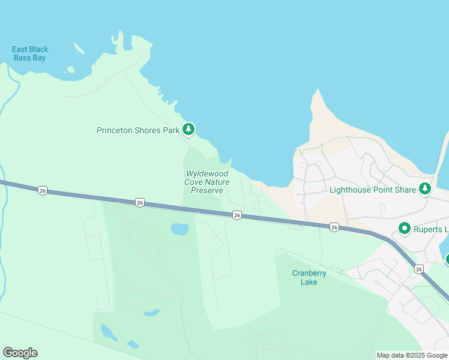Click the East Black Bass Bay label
[30, 53]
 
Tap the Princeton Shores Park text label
[138, 130]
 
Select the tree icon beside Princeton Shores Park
[188, 128]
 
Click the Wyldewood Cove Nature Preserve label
[207, 182]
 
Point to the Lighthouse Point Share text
[373, 190]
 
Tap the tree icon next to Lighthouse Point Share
[425, 189]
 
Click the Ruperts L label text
[432, 229]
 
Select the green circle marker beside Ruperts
[404, 229]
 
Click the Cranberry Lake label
[309, 277]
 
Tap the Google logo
[20, 353]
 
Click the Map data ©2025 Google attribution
[412, 355]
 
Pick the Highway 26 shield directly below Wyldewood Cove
[237, 215]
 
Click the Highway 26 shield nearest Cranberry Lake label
[334, 227]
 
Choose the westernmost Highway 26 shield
[41, 190]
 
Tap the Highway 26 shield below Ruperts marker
[418, 269]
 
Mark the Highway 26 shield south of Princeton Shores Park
[140, 202]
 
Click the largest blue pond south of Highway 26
[179, 229]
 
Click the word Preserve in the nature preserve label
[207, 190]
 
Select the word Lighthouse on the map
[350, 190]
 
